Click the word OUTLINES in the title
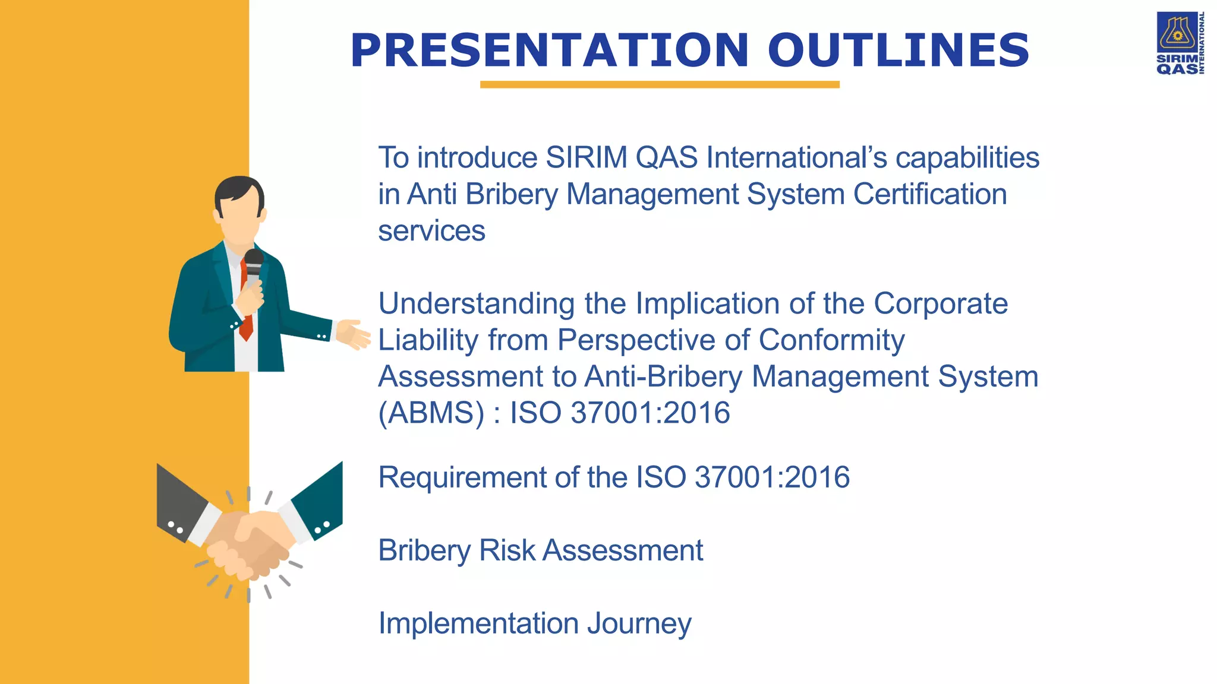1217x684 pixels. [898, 50]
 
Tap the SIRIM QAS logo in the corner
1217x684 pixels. [1180, 43]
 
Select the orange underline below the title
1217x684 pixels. [660, 85]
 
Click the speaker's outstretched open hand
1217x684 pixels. [353, 334]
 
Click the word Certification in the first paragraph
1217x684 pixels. [930, 195]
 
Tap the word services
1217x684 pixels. [431, 231]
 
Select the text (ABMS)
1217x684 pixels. [431, 413]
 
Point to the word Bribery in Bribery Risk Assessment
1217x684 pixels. [424, 551]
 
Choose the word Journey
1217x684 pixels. [639, 624]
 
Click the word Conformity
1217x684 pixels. [831, 340]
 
